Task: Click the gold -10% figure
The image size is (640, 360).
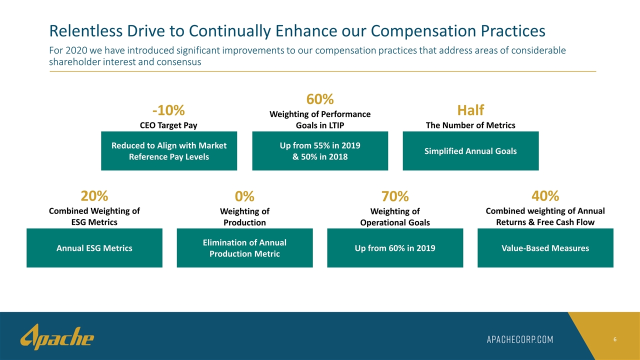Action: (x=168, y=110)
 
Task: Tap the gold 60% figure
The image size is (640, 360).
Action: (x=320, y=99)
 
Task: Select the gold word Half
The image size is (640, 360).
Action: (x=470, y=110)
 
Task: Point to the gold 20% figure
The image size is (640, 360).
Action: (x=94, y=196)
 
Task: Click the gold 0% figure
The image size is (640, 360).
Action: (x=244, y=196)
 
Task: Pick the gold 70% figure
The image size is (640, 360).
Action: (x=395, y=196)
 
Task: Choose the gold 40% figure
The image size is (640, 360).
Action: (x=545, y=196)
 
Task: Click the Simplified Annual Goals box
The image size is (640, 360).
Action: (x=470, y=151)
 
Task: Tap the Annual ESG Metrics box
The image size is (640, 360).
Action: (x=94, y=248)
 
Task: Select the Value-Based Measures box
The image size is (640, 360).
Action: (x=545, y=248)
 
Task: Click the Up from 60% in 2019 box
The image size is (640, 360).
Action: (x=395, y=248)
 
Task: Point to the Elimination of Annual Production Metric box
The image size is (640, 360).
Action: (x=244, y=248)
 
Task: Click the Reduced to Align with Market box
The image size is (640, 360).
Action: (x=169, y=151)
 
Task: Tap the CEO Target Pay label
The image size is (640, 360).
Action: (x=168, y=125)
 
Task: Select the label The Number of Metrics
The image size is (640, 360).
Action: (x=470, y=125)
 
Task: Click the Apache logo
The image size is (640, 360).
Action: (x=57, y=337)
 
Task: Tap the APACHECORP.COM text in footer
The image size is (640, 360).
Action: (x=520, y=339)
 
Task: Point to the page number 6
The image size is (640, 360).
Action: (x=615, y=339)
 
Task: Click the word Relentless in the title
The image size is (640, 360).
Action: (x=85, y=31)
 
